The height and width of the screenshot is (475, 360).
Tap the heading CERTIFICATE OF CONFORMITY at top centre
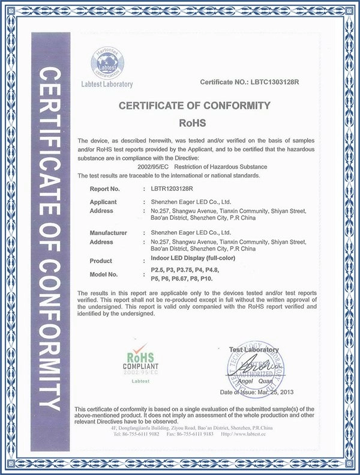click(x=194, y=106)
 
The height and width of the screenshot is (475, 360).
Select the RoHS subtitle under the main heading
click(x=195, y=124)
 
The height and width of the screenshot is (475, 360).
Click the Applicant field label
click(x=103, y=202)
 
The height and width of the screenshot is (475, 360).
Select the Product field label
click(x=101, y=261)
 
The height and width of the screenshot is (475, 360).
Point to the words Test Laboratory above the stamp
click(x=254, y=349)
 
